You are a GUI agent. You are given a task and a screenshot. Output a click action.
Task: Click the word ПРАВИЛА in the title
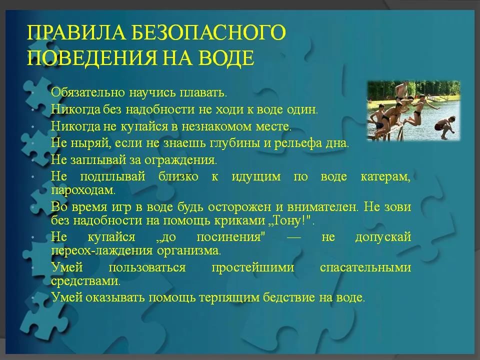coord(76,32)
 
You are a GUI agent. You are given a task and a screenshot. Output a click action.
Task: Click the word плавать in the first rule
coord(203,92)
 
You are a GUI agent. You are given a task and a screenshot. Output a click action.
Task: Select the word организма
coord(189,250)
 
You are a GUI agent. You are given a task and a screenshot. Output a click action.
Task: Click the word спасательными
coord(365,267)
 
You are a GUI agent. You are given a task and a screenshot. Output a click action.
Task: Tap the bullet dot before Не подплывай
coord(32,177)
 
